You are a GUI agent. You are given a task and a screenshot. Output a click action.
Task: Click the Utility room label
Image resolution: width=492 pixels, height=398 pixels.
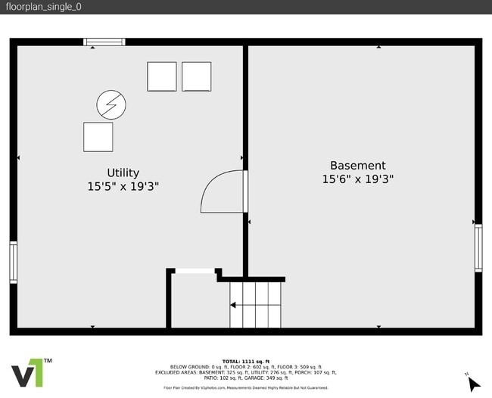[123, 173]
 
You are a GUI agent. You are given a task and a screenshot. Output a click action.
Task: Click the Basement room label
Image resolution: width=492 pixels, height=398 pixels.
[357, 166]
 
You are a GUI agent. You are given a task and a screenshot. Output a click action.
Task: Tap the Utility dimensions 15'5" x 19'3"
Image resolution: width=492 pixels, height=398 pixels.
[123, 186]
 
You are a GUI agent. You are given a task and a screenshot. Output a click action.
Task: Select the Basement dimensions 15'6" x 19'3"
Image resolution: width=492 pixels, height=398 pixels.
[357, 179]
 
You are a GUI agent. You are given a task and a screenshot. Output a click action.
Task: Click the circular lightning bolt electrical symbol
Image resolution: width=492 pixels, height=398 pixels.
[111, 104]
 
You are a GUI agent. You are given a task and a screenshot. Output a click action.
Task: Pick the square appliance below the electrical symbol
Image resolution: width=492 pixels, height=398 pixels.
[98, 137]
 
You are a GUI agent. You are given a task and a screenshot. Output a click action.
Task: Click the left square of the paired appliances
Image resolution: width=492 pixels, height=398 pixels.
[161, 76]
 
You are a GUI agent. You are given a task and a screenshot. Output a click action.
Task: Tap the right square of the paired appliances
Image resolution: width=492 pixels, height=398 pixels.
[197, 76]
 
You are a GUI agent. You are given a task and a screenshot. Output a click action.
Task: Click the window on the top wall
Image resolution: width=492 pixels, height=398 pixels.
[104, 42]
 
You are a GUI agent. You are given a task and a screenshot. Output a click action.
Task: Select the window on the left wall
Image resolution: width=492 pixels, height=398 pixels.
[13, 262]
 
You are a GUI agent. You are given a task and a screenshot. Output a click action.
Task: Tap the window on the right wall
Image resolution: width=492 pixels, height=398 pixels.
[478, 248]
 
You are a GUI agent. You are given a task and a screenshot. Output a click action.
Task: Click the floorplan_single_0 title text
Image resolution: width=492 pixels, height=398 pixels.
[43, 7]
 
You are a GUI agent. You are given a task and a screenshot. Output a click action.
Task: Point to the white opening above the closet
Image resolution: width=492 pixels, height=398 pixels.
[194, 271]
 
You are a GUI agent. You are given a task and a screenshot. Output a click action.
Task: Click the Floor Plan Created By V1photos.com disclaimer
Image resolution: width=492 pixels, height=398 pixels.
[246, 387]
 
